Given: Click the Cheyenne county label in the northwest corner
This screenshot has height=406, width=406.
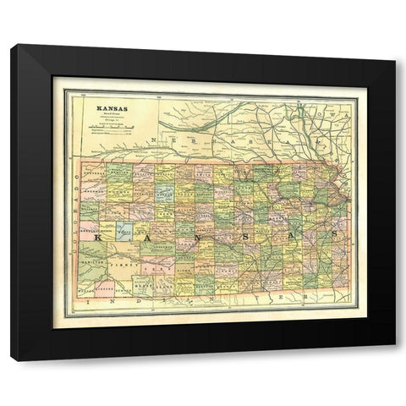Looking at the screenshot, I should tap(92, 168).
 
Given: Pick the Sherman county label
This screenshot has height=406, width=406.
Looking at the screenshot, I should tap(92, 187).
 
